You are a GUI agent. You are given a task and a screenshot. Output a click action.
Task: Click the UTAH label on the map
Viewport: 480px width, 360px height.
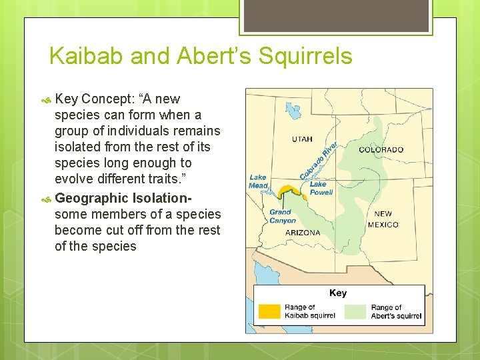[301, 139]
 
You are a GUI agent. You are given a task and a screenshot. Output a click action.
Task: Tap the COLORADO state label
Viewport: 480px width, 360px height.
[381, 149]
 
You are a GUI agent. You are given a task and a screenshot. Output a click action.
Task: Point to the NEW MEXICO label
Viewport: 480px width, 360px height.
[383, 219]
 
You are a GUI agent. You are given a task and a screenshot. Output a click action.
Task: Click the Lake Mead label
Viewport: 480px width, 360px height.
[258, 181]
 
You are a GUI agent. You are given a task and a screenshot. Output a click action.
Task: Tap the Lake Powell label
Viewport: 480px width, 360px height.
[321, 188]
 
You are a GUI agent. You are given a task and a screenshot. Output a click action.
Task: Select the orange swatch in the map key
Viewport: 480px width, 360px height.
[269, 311]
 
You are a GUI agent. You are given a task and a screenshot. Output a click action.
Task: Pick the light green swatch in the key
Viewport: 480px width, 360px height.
[355, 311]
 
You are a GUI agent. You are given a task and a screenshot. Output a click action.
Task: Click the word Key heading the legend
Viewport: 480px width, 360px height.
[338, 293]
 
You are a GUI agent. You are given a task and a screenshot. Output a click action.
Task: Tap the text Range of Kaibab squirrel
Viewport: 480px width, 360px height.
[309, 311]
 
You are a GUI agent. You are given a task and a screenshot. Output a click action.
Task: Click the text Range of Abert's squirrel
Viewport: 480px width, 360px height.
[395, 311]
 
